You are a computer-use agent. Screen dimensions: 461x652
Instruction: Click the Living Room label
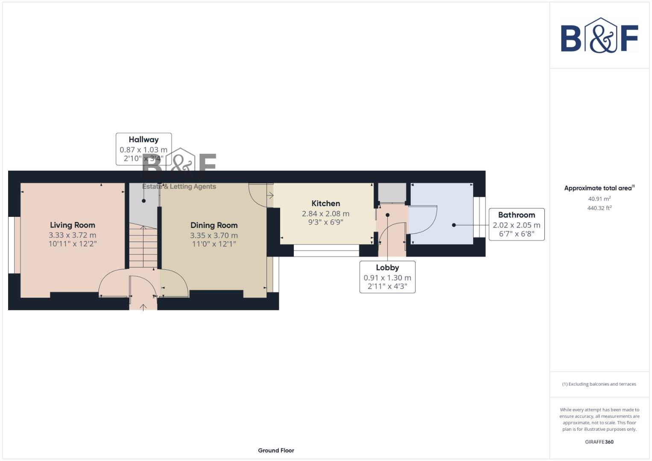(72, 225)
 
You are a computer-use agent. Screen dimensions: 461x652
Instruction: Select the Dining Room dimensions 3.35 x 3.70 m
(214, 235)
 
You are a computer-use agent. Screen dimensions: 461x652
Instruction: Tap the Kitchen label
(325, 204)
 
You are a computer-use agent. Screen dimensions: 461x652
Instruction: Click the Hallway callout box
(143, 149)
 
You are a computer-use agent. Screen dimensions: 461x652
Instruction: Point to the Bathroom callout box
(516, 225)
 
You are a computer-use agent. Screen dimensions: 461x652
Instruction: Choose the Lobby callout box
(387, 277)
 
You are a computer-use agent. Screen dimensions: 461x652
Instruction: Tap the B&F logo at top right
(599, 35)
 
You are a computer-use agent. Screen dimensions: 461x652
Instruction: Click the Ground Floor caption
(276, 450)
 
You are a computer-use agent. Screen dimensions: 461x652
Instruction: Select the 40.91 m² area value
(599, 199)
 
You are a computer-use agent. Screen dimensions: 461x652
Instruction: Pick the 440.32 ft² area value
(599, 208)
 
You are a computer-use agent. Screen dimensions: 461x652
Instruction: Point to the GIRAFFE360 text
(599, 442)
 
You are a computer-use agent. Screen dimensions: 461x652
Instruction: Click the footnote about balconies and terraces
(599, 384)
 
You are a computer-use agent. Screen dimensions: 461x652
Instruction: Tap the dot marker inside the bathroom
(454, 225)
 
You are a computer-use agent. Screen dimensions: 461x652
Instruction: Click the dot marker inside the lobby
(388, 215)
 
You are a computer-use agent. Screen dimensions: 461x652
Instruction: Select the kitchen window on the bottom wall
(326, 251)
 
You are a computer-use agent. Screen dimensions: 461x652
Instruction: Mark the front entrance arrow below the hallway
(143, 306)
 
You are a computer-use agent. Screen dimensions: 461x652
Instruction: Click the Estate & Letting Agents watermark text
(179, 187)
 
